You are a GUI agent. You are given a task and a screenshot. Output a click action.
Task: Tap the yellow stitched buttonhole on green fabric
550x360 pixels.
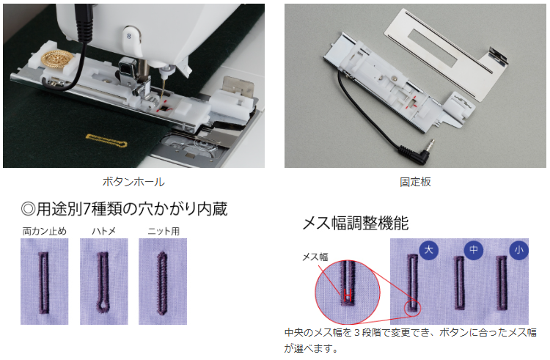pyautogui.click(x=106, y=140)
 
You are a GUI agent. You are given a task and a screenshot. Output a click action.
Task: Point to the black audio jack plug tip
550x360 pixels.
pyautogui.click(x=431, y=144)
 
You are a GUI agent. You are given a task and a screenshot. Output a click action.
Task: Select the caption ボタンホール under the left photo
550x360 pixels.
pyautogui.click(x=133, y=182)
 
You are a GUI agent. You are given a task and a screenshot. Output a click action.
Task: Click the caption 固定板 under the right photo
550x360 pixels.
pyautogui.click(x=415, y=182)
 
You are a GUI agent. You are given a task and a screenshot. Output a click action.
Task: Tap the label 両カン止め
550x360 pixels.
pyautogui.click(x=45, y=232)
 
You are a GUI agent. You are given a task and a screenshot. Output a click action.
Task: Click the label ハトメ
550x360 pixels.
pyautogui.click(x=104, y=232)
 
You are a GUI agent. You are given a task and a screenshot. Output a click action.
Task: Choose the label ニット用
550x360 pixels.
pyautogui.click(x=164, y=232)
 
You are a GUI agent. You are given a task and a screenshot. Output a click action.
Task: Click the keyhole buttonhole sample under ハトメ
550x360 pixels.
pyautogui.click(x=103, y=282)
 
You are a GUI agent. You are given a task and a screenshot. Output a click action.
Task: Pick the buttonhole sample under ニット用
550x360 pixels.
pyautogui.click(x=162, y=282)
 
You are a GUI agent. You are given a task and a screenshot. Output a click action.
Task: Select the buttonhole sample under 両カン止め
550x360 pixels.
pyautogui.click(x=43, y=282)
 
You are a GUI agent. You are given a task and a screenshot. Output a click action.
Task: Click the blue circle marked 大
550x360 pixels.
pyautogui.click(x=429, y=250)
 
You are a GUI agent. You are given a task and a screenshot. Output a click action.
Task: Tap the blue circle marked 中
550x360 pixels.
pyautogui.click(x=474, y=250)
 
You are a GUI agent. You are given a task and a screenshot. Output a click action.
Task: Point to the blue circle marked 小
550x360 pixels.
pyautogui.click(x=518, y=250)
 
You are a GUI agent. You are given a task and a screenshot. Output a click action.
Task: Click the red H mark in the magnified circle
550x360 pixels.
pyautogui.click(x=348, y=295)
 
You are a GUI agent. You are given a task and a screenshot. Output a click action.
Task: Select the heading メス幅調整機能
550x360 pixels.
pyautogui.click(x=356, y=224)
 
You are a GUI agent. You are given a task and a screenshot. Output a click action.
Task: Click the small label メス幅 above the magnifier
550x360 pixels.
pyautogui.click(x=315, y=257)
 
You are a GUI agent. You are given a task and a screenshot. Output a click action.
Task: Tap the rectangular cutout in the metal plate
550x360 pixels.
pyautogui.click(x=433, y=48)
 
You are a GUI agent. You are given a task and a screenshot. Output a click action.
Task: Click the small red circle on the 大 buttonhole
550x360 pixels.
pyautogui.click(x=412, y=309)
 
